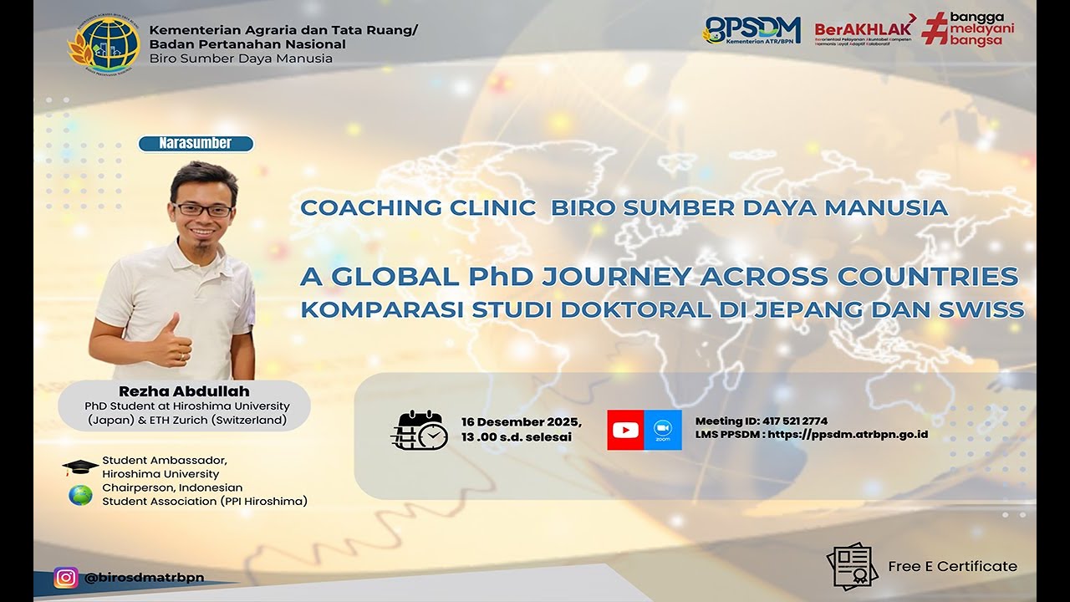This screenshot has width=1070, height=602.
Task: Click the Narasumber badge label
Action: click(x=196, y=144)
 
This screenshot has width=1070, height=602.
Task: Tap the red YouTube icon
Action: click(x=625, y=430)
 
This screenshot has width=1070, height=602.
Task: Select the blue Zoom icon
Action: click(x=663, y=430)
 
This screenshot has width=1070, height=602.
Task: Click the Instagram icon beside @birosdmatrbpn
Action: click(x=66, y=578)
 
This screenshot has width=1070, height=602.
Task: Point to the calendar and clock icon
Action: click(x=419, y=430)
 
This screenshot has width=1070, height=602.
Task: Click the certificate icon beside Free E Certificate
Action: click(x=852, y=567)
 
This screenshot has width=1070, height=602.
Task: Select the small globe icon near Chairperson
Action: click(x=80, y=495)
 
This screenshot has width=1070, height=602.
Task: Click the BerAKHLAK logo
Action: click(x=864, y=30)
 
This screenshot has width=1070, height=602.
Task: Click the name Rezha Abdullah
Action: click(x=185, y=391)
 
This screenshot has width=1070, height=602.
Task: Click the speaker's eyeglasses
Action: click(x=203, y=209)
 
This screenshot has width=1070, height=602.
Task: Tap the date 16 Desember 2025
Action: click(x=521, y=421)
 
